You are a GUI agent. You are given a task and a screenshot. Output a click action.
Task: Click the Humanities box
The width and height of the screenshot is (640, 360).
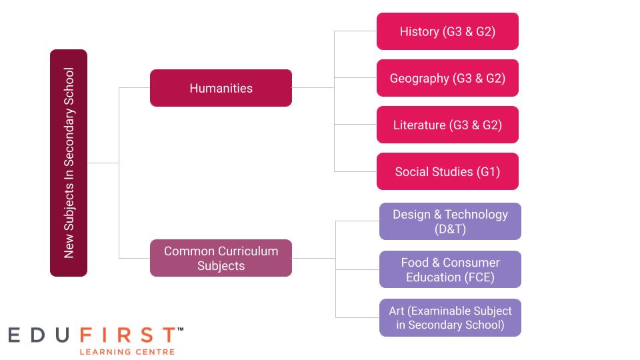point(221,88)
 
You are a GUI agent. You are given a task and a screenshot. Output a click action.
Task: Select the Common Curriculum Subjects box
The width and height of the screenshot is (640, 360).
point(221,258)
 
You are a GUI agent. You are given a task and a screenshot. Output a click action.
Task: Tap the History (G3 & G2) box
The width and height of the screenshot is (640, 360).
point(447,31)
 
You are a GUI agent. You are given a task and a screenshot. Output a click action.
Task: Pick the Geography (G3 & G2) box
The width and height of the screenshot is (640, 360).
point(447,78)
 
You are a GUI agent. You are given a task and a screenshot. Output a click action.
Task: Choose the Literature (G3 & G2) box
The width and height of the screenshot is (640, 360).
point(447,125)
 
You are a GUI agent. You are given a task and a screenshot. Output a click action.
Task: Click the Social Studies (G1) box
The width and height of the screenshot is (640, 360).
point(447,171)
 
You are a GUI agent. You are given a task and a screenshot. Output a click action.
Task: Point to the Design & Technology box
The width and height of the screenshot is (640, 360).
point(450,221)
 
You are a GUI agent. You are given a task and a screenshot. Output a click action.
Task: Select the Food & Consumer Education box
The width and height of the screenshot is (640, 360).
point(450,269)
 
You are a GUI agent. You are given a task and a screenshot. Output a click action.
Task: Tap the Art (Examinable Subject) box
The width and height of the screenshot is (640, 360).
point(450,317)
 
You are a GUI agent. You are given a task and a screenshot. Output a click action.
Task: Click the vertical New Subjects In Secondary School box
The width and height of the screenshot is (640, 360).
point(69,163)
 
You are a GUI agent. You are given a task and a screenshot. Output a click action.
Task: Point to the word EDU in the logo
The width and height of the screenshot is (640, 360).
point(40,335)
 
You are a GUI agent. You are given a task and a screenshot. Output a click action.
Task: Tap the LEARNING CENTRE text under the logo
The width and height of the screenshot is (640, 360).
point(127,351)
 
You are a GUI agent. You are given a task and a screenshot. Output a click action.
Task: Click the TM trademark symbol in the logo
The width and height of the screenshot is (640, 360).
point(180,329)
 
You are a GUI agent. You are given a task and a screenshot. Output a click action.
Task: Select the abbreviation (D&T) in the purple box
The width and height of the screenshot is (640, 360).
point(450,229)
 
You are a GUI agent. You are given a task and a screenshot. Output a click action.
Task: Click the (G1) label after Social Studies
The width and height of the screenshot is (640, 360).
point(488,171)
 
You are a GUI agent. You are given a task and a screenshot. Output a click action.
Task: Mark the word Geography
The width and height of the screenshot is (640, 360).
point(419,79)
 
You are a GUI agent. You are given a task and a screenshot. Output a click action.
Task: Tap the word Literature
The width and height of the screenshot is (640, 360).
point(419,125)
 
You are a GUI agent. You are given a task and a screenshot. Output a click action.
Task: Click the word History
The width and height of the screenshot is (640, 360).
point(419,31)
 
